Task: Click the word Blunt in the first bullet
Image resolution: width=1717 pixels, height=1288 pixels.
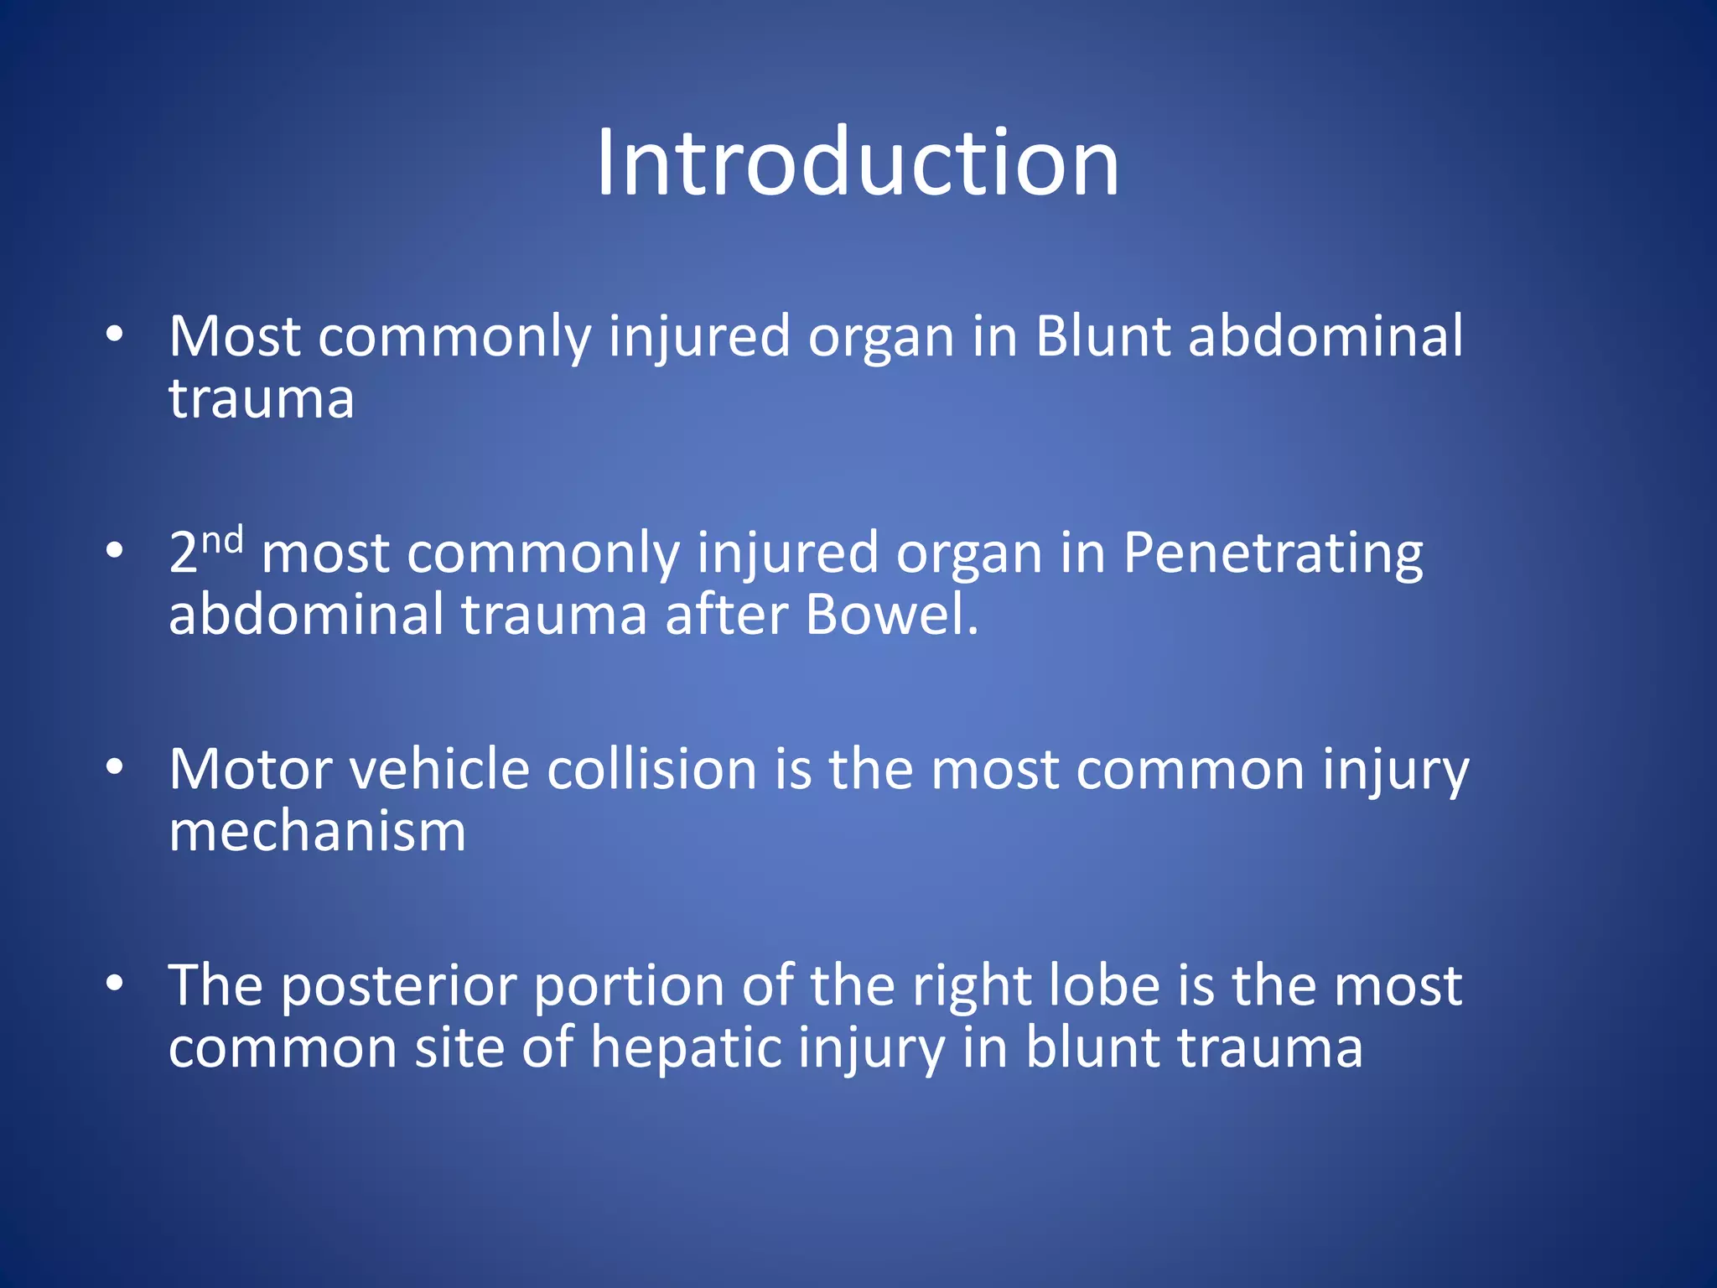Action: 1102,337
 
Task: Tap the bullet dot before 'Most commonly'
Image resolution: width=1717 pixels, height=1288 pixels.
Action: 115,335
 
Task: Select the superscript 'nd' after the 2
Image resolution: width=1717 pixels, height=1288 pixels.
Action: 222,541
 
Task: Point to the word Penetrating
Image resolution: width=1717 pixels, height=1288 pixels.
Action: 1272,555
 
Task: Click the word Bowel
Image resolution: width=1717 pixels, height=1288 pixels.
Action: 890,615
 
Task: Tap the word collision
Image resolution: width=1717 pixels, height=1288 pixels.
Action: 651,770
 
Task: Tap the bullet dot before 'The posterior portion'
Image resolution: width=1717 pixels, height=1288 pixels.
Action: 115,983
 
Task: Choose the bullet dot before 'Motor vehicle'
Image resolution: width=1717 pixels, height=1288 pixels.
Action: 115,766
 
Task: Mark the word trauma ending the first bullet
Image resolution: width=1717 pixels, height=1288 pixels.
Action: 261,399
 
